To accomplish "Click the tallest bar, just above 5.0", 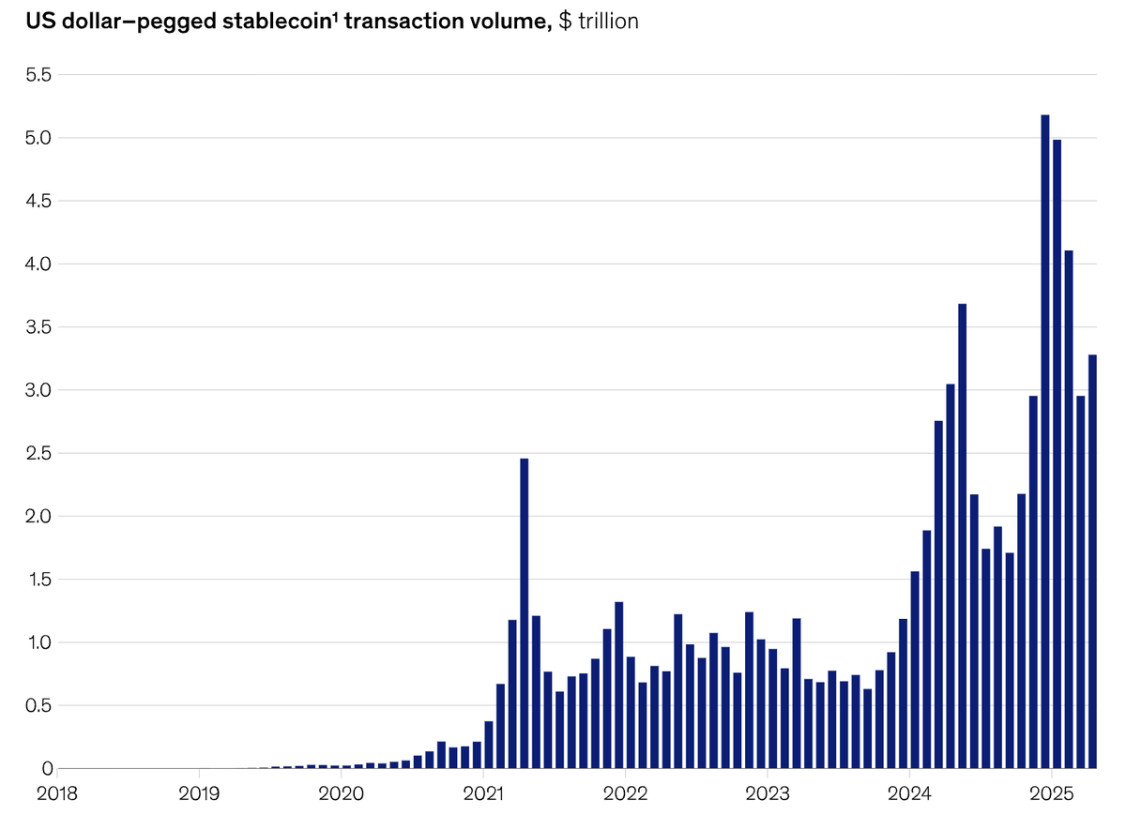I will (1045, 441).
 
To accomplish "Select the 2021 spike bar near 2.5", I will (525, 613).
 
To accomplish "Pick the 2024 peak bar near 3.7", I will (962, 536).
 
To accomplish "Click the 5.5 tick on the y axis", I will (41, 74).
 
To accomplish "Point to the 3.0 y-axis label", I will (41, 390).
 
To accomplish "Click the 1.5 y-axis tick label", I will (41, 580).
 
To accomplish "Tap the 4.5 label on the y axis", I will (41, 201).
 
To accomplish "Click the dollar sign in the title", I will (564, 22).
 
